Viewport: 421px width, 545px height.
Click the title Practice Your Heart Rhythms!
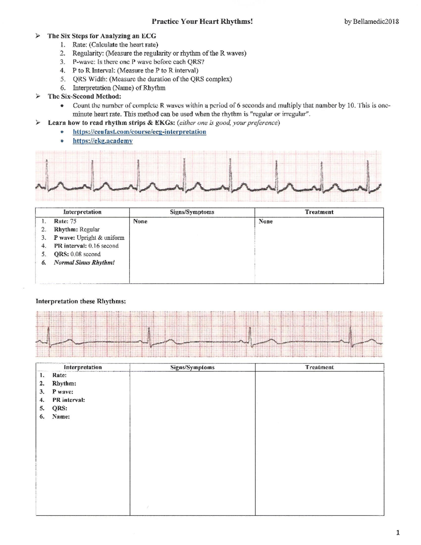(202, 21)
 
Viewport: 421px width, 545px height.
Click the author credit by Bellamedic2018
(372, 21)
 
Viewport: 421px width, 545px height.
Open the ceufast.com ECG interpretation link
(139, 132)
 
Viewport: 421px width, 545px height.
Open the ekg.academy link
(102, 141)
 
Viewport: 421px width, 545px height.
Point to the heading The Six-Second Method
(84, 97)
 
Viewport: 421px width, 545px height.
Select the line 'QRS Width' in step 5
(152, 79)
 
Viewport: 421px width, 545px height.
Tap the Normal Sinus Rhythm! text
(84, 262)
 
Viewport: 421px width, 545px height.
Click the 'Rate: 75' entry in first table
(65, 221)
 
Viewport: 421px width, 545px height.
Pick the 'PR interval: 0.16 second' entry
(86, 246)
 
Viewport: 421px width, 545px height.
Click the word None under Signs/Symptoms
(140, 221)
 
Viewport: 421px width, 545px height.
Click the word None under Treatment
(266, 221)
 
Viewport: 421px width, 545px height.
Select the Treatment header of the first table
(319, 212)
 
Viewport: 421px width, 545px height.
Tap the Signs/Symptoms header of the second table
(192, 367)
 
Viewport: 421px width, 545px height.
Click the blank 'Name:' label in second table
(61, 417)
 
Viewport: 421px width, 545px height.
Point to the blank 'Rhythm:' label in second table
(64, 384)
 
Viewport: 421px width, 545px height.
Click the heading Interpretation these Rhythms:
(81, 301)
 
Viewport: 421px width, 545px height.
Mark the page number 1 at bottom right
(398, 533)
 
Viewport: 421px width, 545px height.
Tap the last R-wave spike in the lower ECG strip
(351, 333)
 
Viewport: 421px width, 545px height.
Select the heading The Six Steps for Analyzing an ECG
(102, 36)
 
